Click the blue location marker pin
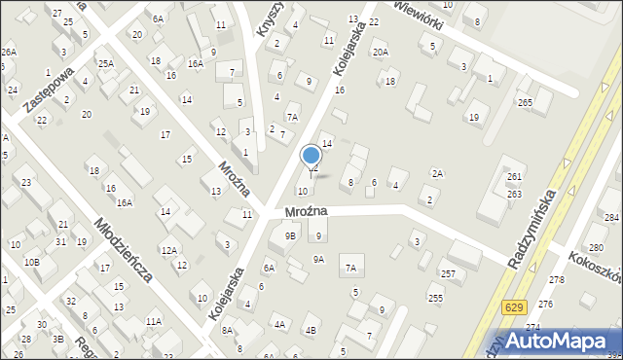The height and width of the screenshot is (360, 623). [x=311, y=156]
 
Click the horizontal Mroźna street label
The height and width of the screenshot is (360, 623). [x=306, y=211]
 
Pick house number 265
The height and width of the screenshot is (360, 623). [x=525, y=103]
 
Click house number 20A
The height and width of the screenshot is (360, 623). [x=380, y=53]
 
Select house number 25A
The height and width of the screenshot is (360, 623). [x=105, y=63]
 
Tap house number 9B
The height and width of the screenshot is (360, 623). [x=289, y=234]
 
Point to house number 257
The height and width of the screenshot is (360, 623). [x=448, y=274]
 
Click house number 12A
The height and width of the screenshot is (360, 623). [x=168, y=250]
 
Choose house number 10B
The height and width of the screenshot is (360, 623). [x=32, y=262]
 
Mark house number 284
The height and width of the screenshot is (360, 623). [x=611, y=217]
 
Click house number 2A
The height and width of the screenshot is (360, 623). [x=438, y=173]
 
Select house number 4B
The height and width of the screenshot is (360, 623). [x=311, y=330]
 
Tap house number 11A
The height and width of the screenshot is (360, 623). [x=153, y=321]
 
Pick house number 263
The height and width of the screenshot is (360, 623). [x=514, y=194]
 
